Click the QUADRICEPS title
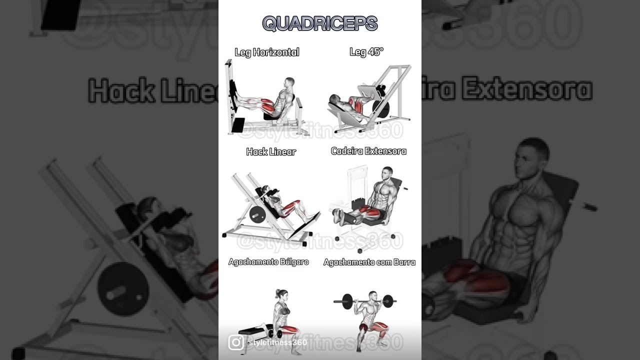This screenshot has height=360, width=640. (x=320, y=23)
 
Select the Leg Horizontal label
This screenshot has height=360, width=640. (x=267, y=52)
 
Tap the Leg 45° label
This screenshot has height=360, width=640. (x=366, y=51)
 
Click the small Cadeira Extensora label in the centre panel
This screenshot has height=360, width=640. (x=368, y=151)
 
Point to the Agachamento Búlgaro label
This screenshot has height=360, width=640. (x=268, y=262)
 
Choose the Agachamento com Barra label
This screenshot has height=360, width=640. (x=369, y=262)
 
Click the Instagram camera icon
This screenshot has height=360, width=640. (x=236, y=342)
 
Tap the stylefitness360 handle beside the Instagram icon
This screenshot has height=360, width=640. (x=277, y=342)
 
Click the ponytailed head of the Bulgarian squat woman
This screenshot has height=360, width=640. (x=281, y=295)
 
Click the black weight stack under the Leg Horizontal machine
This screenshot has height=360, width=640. (x=237, y=124)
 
